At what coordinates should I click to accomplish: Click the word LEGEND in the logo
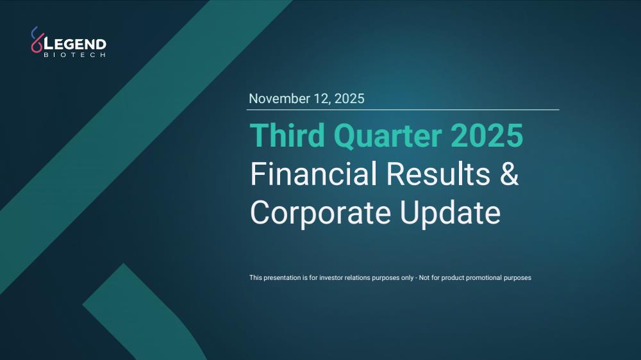pyautogui.click(x=75, y=44)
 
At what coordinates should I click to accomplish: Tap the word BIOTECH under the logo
pyautogui.click(x=75, y=54)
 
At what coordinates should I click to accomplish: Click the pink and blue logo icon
pyautogui.click(x=37, y=40)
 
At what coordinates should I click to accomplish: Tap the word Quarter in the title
pyautogui.click(x=388, y=136)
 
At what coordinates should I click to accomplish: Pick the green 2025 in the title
pyautogui.click(x=487, y=136)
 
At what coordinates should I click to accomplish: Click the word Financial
pyautogui.click(x=313, y=174)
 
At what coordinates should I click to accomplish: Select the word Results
pyautogui.click(x=438, y=174)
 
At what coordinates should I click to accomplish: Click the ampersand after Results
pyautogui.click(x=509, y=174)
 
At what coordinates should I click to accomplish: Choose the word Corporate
pyautogui.click(x=320, y=213)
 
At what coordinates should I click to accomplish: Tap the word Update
pyautogui.click(x=450, y=213)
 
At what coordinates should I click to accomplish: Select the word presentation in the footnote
pyautogui.click(x=282, y=278)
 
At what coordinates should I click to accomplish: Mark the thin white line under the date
pyautogui.click(x=403, y=110)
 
